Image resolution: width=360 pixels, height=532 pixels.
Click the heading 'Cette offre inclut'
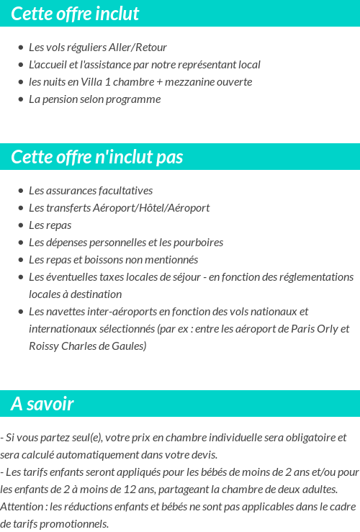75,14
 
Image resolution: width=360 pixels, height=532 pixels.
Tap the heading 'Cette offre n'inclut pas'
97,157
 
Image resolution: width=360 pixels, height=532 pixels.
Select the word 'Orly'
324,329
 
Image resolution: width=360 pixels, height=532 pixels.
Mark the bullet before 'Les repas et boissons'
20,260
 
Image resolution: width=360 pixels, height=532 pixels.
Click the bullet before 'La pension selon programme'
20,99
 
